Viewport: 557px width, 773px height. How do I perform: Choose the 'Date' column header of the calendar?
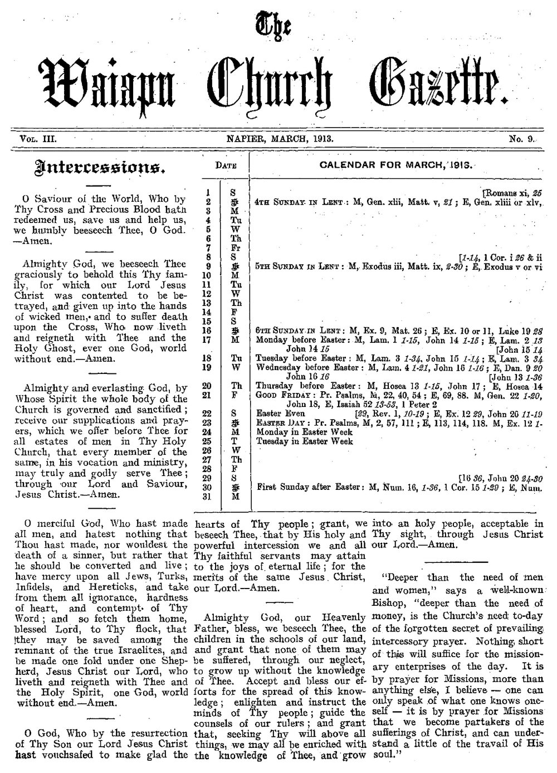(x=226, y=166)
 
